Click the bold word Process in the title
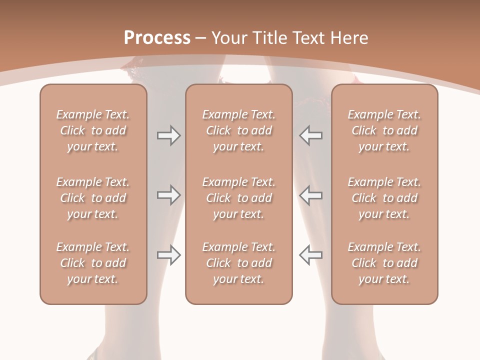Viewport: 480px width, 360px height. pos(157,38)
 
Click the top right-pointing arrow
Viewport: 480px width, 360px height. pos(168,135)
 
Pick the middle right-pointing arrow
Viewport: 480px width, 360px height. pos(168,195)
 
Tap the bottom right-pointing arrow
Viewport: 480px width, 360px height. pos(168,255)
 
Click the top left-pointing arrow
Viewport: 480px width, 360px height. pos(311,135)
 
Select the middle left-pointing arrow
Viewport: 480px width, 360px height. pos(311,195)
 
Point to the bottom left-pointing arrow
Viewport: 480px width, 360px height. pos(311,255)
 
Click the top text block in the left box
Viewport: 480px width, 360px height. pos(93,130)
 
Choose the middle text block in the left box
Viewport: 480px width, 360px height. pos(93,198)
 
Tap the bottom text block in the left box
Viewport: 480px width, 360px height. pos(93,263)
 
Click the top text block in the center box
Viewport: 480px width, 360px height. pos(239,130)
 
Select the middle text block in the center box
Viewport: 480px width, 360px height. pos(239,198)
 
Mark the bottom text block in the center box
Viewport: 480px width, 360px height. pos(239,263)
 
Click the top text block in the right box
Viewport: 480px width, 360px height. pos(384,130)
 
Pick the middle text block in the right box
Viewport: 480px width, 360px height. pos(384,198)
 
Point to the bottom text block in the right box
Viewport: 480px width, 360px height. pos(384,263)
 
